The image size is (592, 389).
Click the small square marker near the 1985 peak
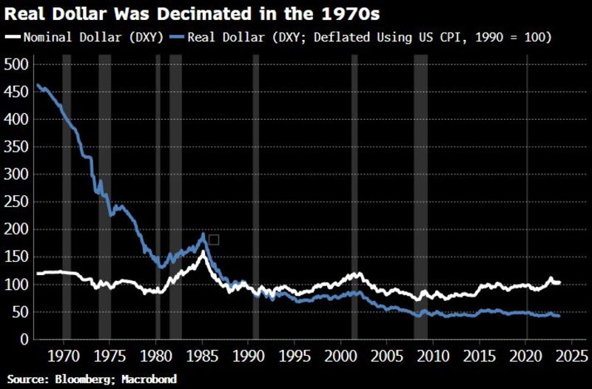tap(214, 240)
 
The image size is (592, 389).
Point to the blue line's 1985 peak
tap(203, 236)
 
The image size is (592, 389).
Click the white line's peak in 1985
tap(202, 253)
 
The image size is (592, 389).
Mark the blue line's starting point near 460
tap(38, 85)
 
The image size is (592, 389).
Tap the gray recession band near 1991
tap(256, 200)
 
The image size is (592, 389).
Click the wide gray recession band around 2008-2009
tap(420, 200)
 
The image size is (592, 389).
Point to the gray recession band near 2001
tap(354, 200)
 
